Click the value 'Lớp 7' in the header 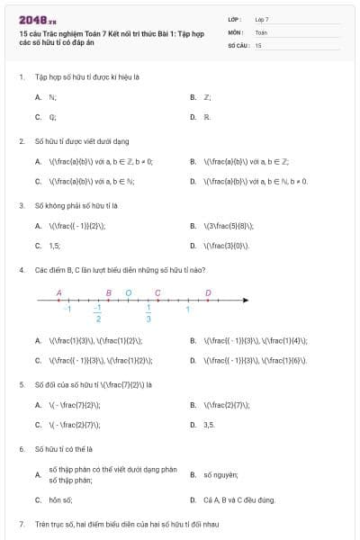pos(262,19)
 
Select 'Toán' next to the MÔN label pos(261,31)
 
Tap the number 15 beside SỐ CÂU pos(258,44)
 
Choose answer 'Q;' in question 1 pos(53,116)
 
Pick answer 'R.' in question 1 pos(207,116)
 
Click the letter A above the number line pos(58,292)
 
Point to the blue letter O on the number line pos(128,292)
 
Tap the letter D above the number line pos(208,292)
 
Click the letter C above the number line pos(157,292)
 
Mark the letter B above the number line pos(108,292)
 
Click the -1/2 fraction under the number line pos(98,313)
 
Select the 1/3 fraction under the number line pos(148,313)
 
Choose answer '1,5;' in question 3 pos(55,245)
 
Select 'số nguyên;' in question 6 pos(220,473)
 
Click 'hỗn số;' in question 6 pos(60,499)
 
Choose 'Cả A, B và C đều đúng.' pos(239,499)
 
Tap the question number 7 pos(21,524)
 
